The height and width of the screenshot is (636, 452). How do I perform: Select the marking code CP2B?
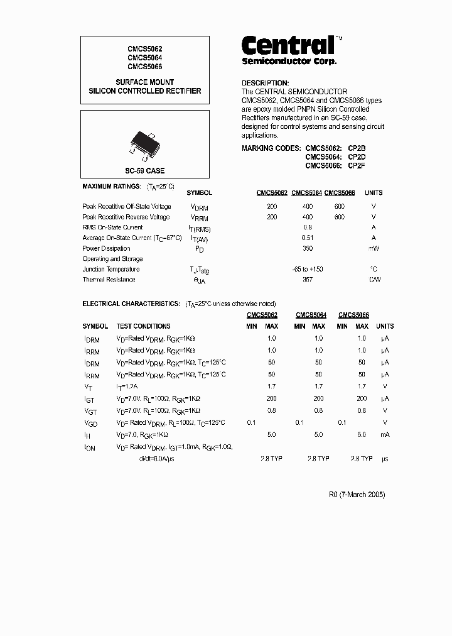(x=357, y=148)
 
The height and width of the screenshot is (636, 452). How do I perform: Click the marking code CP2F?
(x=357, y=166)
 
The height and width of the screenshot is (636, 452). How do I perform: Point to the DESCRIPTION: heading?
(x=266, y=83)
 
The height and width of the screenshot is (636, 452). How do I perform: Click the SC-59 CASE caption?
(x=145, y=170)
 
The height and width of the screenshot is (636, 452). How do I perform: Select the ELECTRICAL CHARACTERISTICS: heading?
(x=131, y=304)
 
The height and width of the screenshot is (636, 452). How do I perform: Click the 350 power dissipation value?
(x=308, y=248)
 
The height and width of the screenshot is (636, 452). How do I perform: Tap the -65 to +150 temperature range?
(x=308, y=269)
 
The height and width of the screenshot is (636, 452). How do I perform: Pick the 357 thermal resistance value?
(x=308, y=280)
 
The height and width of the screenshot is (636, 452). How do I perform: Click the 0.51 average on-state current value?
(x=308, y=238)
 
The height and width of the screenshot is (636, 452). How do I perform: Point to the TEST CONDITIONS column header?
(x=143, y=326)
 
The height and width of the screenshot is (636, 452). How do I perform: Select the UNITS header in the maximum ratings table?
(x=374, y=193)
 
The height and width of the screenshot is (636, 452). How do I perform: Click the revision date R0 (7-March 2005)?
(x=357, y=495)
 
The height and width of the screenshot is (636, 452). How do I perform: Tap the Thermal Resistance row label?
(x=109, y=280)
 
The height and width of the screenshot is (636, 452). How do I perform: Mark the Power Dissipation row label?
(x=106, y=248)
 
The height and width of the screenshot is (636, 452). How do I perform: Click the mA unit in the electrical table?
(x=385, y=434)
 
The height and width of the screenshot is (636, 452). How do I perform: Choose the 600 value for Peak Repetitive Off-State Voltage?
(x=340, y=206)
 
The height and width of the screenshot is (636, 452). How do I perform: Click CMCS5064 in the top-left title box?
(x=145, y=57)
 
